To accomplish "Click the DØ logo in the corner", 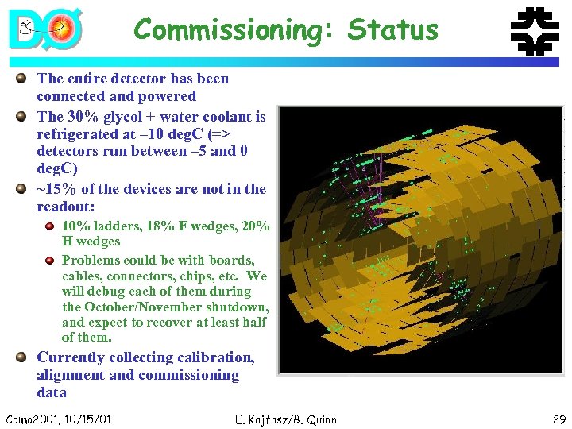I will coord(45,29).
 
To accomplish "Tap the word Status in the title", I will coord(393,30).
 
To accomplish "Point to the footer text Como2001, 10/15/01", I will coord(58,419).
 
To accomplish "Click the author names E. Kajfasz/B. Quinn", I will coord(286,419).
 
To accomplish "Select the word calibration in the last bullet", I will coord(217,357).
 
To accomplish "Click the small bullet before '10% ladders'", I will coord(50,226).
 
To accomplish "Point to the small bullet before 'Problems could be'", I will coord(50,260).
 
